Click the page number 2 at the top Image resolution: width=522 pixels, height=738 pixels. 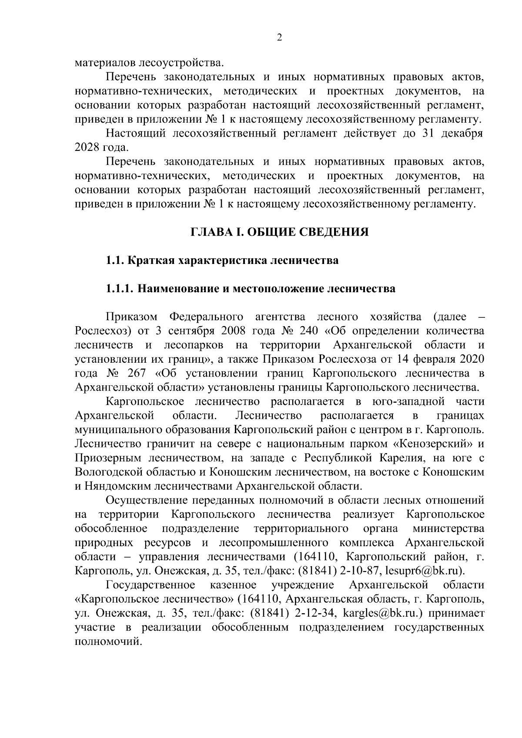pos(279,38)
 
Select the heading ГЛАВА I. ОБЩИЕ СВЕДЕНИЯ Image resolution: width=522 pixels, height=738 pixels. pos(279,232)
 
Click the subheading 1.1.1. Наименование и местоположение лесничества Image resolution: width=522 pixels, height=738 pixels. pos(251,289)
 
